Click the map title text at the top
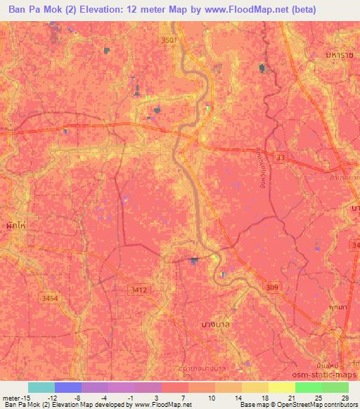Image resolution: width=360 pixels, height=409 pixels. pos(162,10)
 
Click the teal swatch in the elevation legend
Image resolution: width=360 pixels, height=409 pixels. pos(41,387)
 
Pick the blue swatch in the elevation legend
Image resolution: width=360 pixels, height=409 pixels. pos(68,387)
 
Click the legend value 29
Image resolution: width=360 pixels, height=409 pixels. pos(343,397)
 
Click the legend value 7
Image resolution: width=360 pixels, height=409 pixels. pos(181,397)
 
